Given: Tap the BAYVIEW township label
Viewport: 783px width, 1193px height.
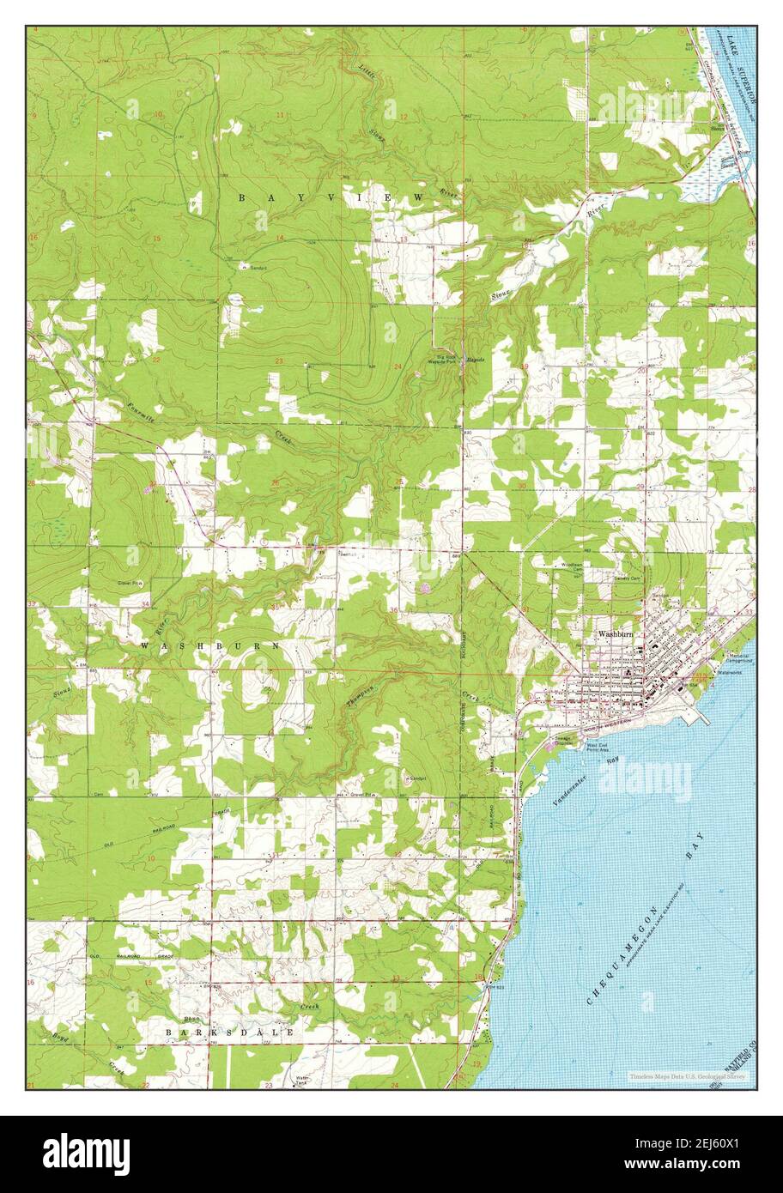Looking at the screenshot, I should coord(331,198).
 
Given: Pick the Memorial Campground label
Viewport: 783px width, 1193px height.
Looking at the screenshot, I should coord(739,659).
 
